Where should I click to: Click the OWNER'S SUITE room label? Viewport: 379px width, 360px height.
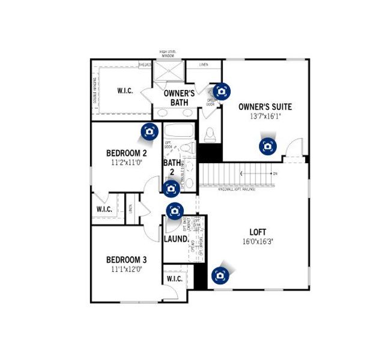point(265,107)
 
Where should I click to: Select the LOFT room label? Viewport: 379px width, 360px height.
point(258,232)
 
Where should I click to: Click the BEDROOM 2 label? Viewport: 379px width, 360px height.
point(126,153)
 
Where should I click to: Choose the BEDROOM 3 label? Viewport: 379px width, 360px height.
point(126,260)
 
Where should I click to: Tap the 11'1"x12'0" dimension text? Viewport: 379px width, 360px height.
point(126,269)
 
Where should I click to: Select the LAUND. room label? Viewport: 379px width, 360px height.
point(176,239)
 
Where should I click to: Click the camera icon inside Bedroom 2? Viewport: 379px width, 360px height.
point(149,131)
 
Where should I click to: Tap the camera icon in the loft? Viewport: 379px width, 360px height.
point(220,275)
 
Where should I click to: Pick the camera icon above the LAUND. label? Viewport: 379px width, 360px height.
point(175,211)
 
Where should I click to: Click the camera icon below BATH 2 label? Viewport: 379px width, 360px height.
point(171,188)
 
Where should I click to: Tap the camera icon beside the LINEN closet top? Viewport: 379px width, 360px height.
point(222,91)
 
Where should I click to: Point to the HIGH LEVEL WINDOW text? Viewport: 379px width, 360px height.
point(168,54)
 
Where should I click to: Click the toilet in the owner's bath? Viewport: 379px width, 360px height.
point(210,134)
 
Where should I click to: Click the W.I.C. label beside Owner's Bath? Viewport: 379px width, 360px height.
point(125,91)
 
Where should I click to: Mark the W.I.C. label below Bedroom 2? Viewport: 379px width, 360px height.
point(104,209)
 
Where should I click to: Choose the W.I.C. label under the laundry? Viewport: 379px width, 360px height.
point(174,279)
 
